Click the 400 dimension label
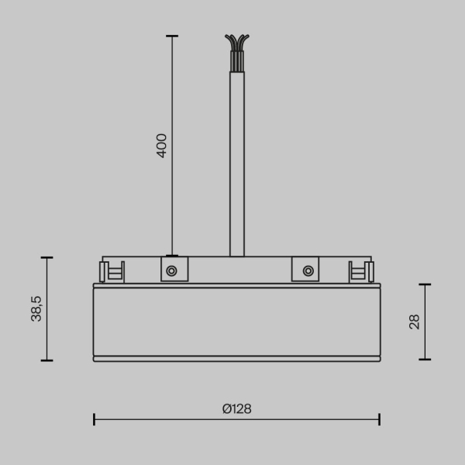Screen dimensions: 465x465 [x=161, y=145]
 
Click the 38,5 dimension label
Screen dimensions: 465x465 [x=36, y=308]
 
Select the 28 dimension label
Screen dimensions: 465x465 [x=414, y=322]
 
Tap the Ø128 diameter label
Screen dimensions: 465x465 [x=236, y=409]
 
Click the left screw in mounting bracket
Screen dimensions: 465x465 [x=171, y=270]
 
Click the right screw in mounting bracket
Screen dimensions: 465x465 [x=308, y=270]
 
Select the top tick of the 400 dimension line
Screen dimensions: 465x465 [x=171, y=36]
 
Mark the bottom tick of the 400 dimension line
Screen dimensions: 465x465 [x=171, y=256]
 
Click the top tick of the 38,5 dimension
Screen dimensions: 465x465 [x=47, y=257]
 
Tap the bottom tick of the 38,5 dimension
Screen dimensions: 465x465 [x=47, y=360]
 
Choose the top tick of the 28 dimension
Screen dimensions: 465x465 [x=425, y=284]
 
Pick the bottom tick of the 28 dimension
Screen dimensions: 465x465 [x=425, y=360]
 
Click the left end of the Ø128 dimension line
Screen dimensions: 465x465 [x=94, y=419]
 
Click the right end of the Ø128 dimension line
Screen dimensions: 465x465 [x=379, y=419]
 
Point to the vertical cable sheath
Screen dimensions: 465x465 [x=236, y=163]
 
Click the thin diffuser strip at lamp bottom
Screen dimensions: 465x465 [x=236, y=359]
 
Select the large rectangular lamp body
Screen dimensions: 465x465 [x=236, y=322]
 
